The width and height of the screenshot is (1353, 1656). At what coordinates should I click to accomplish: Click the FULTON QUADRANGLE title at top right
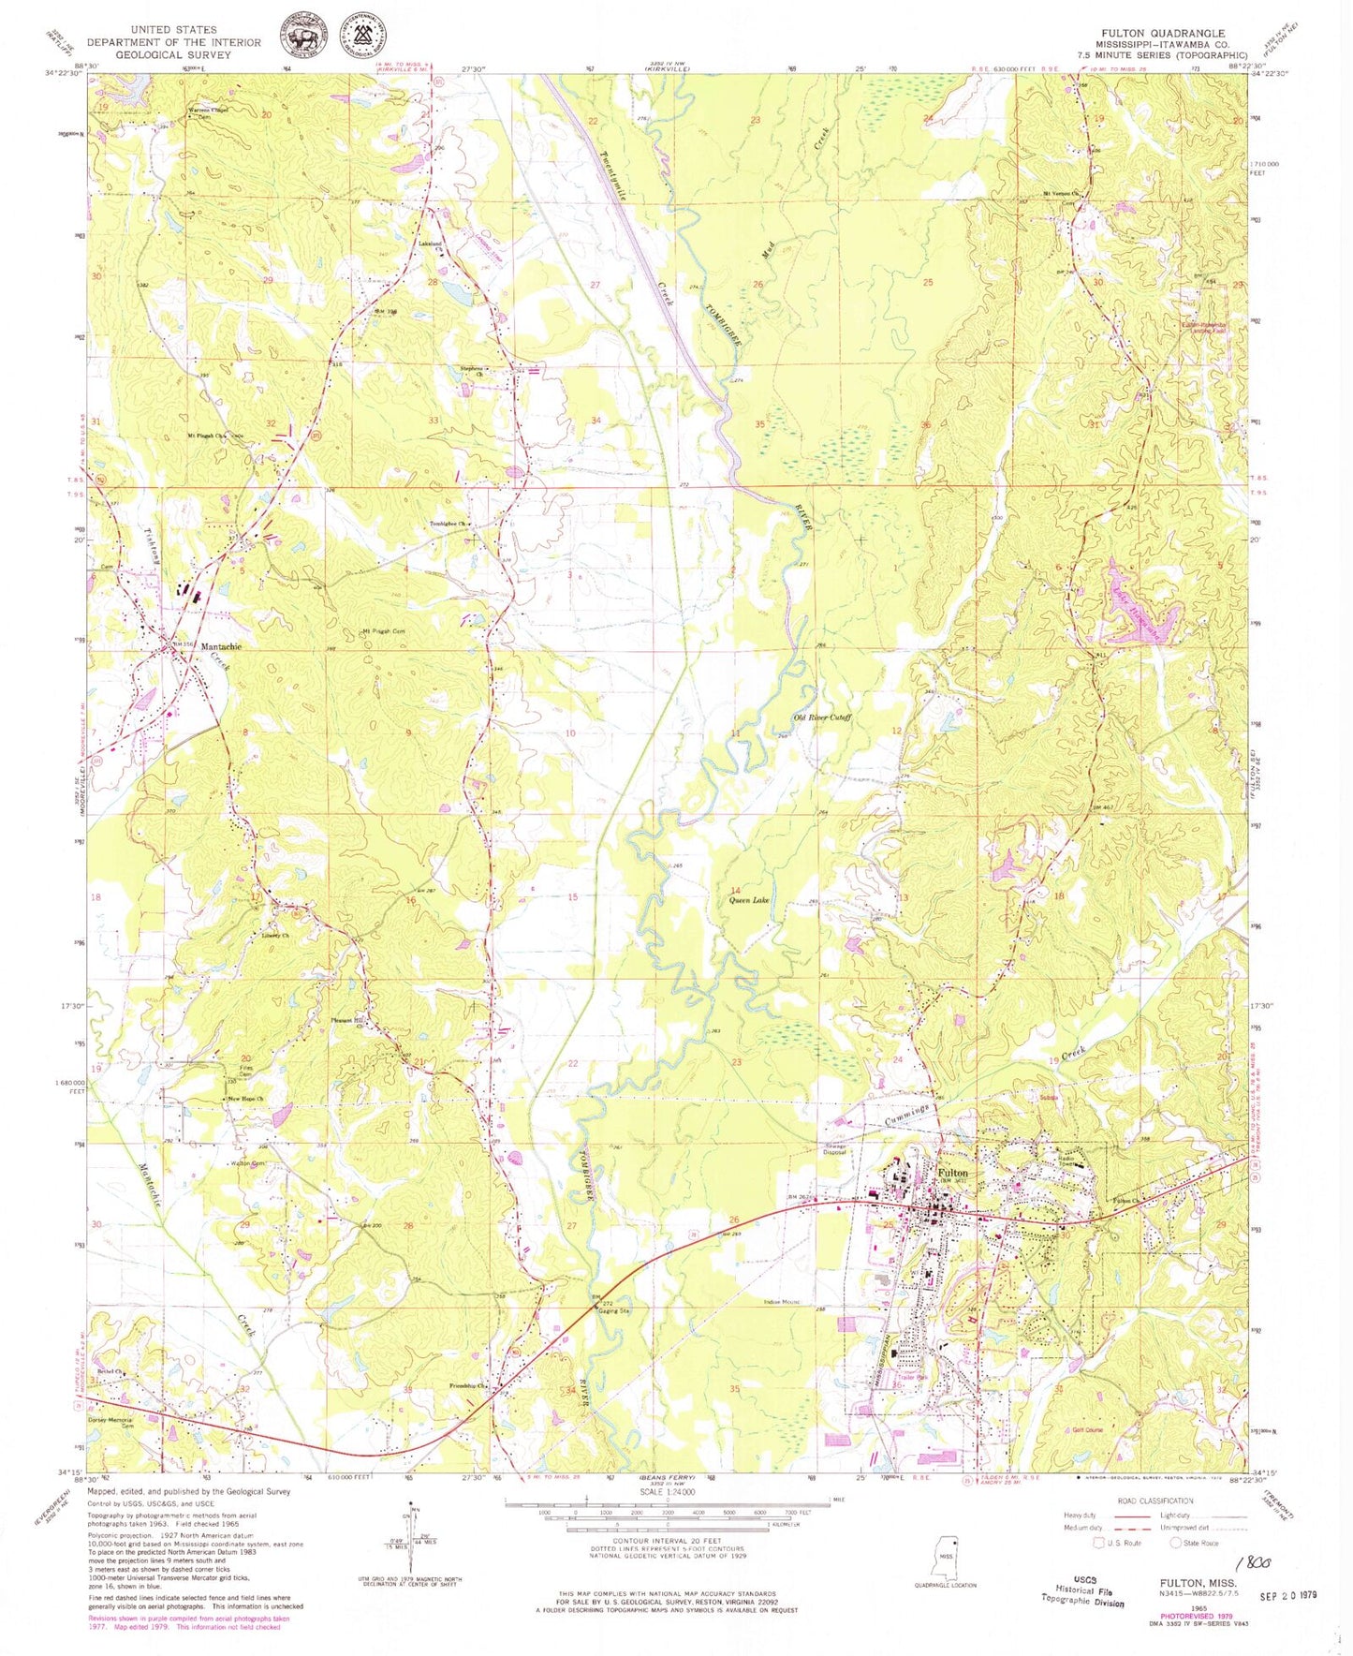pyautogui.click(x=1162, y=33)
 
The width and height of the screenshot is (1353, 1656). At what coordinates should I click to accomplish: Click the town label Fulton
pyautogui.click(x=952, y=1173)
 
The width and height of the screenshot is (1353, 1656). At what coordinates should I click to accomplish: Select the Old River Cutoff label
pyautogui.click(x=821, y=718)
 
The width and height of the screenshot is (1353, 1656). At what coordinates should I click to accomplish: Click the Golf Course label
pyautogui.click(x=1082, y=1430)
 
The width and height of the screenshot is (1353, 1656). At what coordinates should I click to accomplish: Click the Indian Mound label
pyautogui.click(x=781, y=1302)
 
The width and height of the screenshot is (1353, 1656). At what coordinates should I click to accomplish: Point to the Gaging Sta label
pyautogui.click(x=613, y=1311)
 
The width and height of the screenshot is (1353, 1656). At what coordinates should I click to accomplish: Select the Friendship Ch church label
pyautogui.click(x=468, y=1385)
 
